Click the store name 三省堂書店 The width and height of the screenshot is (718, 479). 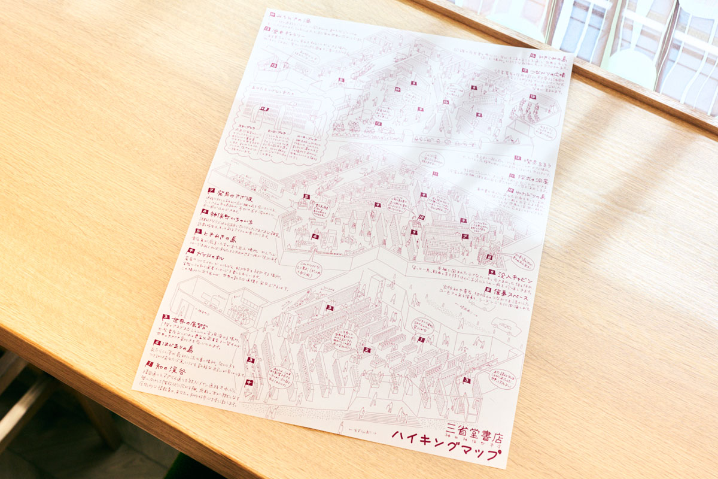pos(472,430)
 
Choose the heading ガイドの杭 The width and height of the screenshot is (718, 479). pos(210,254)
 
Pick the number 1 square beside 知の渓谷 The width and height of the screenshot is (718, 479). pos(150,363)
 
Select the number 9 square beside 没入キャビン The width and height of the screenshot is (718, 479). pos(491,272)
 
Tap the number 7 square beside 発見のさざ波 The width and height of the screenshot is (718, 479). pos(211,190)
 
